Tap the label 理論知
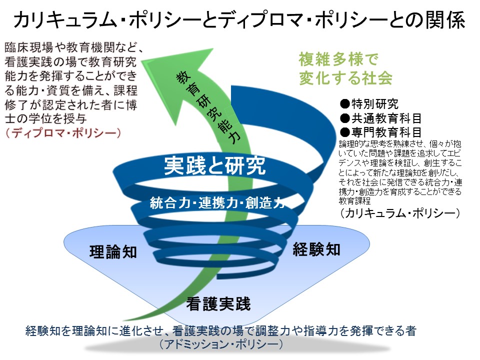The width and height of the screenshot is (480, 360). [113, 252]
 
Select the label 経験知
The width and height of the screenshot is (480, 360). [316, 249]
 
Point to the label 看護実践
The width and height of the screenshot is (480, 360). [218, 304]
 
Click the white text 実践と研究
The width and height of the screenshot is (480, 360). [215, 165]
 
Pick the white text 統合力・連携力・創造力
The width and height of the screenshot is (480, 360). [217, 202]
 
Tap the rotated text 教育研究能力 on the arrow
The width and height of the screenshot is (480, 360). [208, 107]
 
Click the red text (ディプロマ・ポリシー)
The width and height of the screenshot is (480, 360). [63, 133]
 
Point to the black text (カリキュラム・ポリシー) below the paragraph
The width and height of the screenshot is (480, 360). [400, 213]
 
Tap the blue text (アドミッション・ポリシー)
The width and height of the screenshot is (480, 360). [221, 344]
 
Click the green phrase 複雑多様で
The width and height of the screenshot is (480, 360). [338, 59]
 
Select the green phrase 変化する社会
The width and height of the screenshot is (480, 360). [345, 78]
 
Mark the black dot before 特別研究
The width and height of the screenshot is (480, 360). [344, 104]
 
